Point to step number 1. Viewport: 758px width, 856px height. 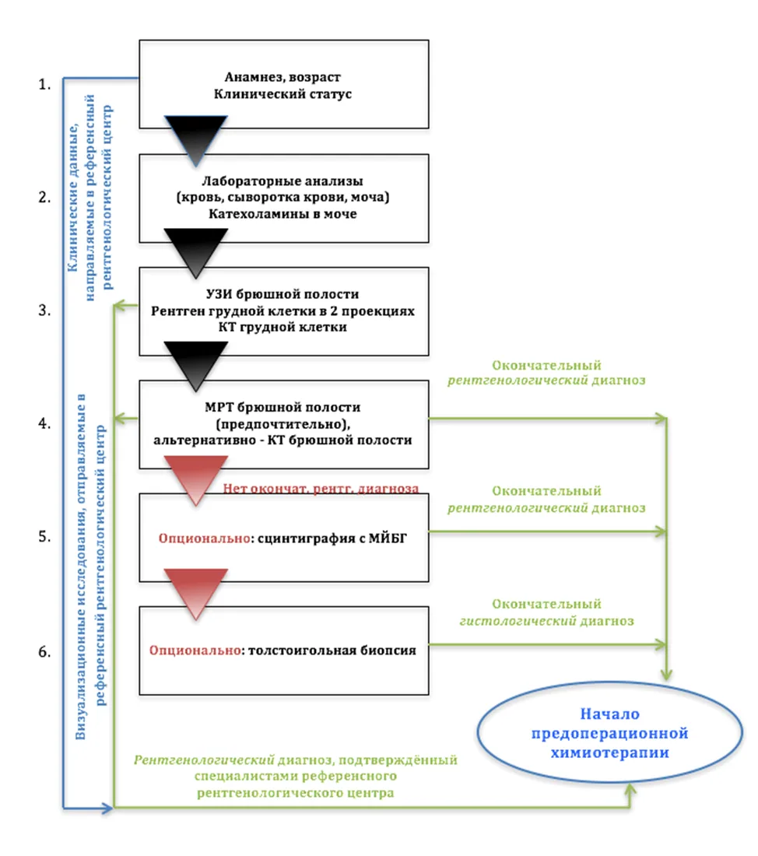(x=44, y=85)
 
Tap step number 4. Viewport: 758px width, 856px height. (x=44, y=423)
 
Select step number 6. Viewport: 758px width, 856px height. (x=44, y=652)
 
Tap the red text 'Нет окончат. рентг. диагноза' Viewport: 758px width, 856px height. (x=321, y=489)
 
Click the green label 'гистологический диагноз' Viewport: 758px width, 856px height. (x=546, y=621)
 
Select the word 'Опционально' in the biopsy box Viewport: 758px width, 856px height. (x=195, y=651)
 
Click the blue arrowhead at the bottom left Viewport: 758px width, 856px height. (x=107, y=808)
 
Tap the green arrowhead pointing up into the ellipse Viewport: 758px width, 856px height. (x=630, y=789)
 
